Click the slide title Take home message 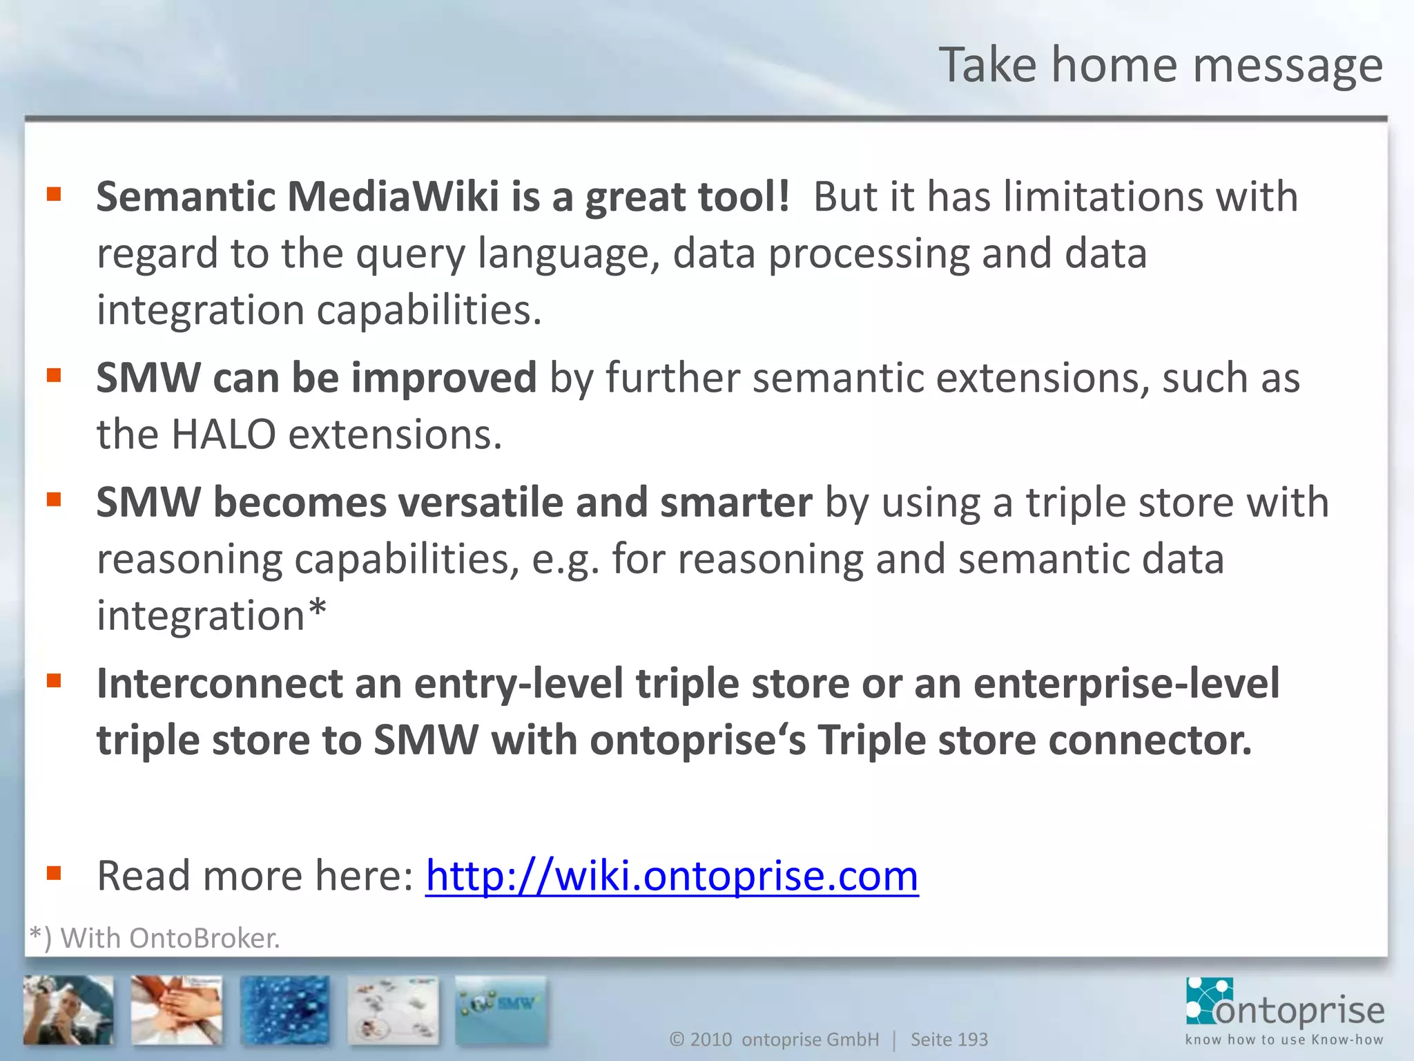(x=1160, y=65)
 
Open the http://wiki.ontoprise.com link (x=671, y=876)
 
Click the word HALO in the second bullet (x=223, y=435)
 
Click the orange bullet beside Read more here (x=54, y=874)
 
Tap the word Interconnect (x=219, y=684)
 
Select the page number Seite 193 (x=949, y=1039)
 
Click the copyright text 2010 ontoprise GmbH (x=775, y=1039)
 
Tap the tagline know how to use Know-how (x=1284, y=1040)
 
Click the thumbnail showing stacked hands (x=177, y=1009)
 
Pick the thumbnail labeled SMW (x=501, y=1009)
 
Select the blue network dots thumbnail (x=284, y=1009)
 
